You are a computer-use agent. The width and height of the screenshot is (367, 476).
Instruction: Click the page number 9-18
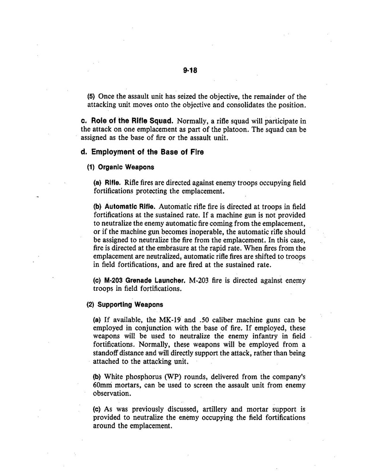coord(189,71)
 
